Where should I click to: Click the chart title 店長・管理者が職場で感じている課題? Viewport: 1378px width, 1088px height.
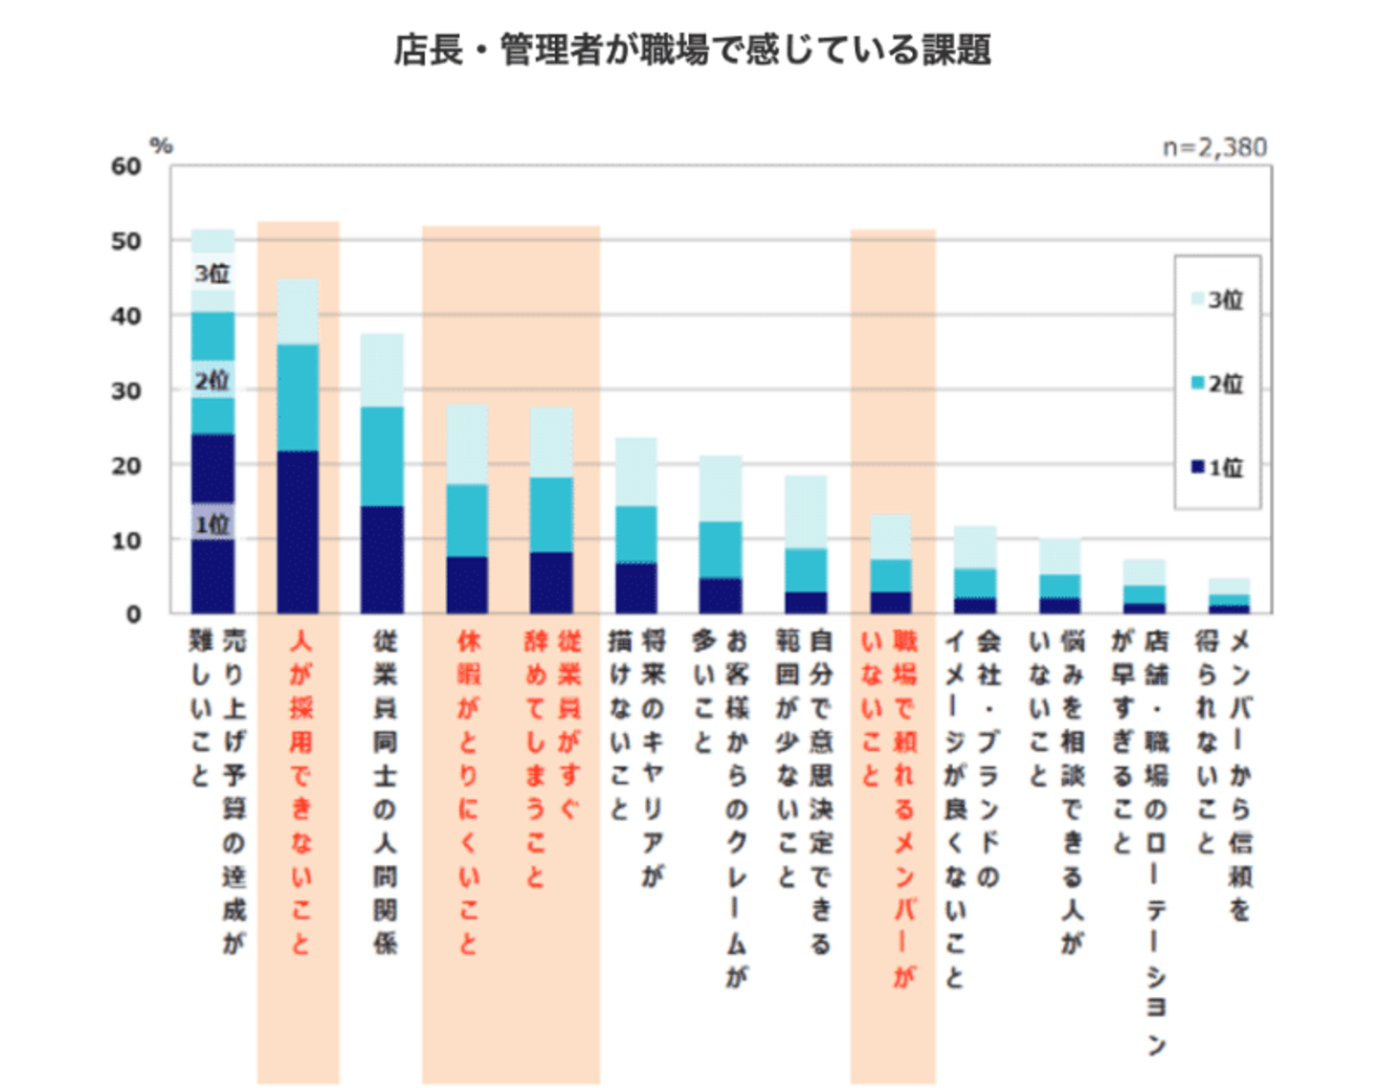click(x=692, y=50)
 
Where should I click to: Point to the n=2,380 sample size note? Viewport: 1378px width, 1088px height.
click(x=1214, y=147)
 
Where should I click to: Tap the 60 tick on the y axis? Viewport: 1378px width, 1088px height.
click(x=126, y=167)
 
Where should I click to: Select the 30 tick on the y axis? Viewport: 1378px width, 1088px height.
click(x=126, y=390)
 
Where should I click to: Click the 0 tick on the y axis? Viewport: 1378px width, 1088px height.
click(x=134, y=614)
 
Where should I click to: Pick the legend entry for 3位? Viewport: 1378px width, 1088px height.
click(x=1217, y=300)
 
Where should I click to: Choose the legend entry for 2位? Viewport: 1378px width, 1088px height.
click(x=1217, y=384)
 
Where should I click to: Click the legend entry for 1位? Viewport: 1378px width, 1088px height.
click(x=1217, y=468)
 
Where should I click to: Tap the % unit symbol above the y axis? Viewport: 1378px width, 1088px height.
click(x=162, y=145)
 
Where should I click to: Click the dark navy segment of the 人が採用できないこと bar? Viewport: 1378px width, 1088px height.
click(x=298, y=531)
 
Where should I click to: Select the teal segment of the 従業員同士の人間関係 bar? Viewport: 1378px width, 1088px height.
click(x=382, y=455)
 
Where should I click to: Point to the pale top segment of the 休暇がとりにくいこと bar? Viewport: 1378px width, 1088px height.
click(x=467, y=444)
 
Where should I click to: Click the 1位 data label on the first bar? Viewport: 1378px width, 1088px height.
click(x=212, y=524)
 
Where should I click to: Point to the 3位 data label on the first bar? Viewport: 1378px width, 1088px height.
click(x=212, y=274)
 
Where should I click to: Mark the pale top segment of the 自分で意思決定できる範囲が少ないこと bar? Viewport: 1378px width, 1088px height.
click(x=806, y=512)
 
